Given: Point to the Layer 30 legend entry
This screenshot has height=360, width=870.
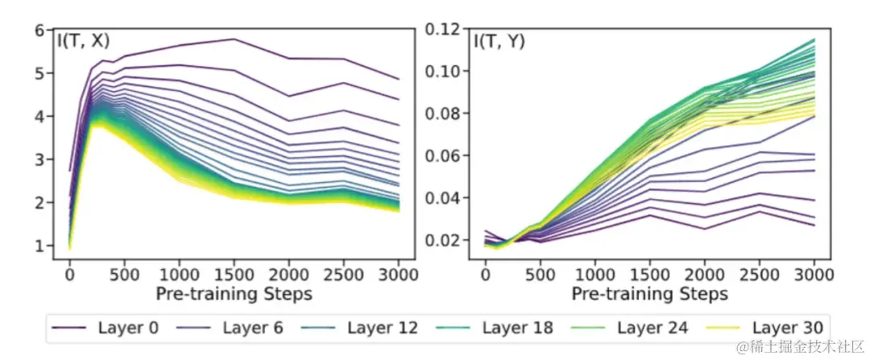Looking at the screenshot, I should (x=785, y=327).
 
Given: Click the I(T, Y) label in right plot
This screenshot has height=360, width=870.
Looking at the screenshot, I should (x=499, y=41).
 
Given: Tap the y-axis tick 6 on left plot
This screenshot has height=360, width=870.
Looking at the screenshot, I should (x=39, y=30).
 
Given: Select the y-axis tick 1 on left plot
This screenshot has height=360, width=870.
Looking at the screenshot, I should (x=39, y=246).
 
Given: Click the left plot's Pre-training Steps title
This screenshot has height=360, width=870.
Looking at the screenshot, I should (x=234, y=294).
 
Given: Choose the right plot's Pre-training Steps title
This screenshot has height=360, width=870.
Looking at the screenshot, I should (x=649, y=294).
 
